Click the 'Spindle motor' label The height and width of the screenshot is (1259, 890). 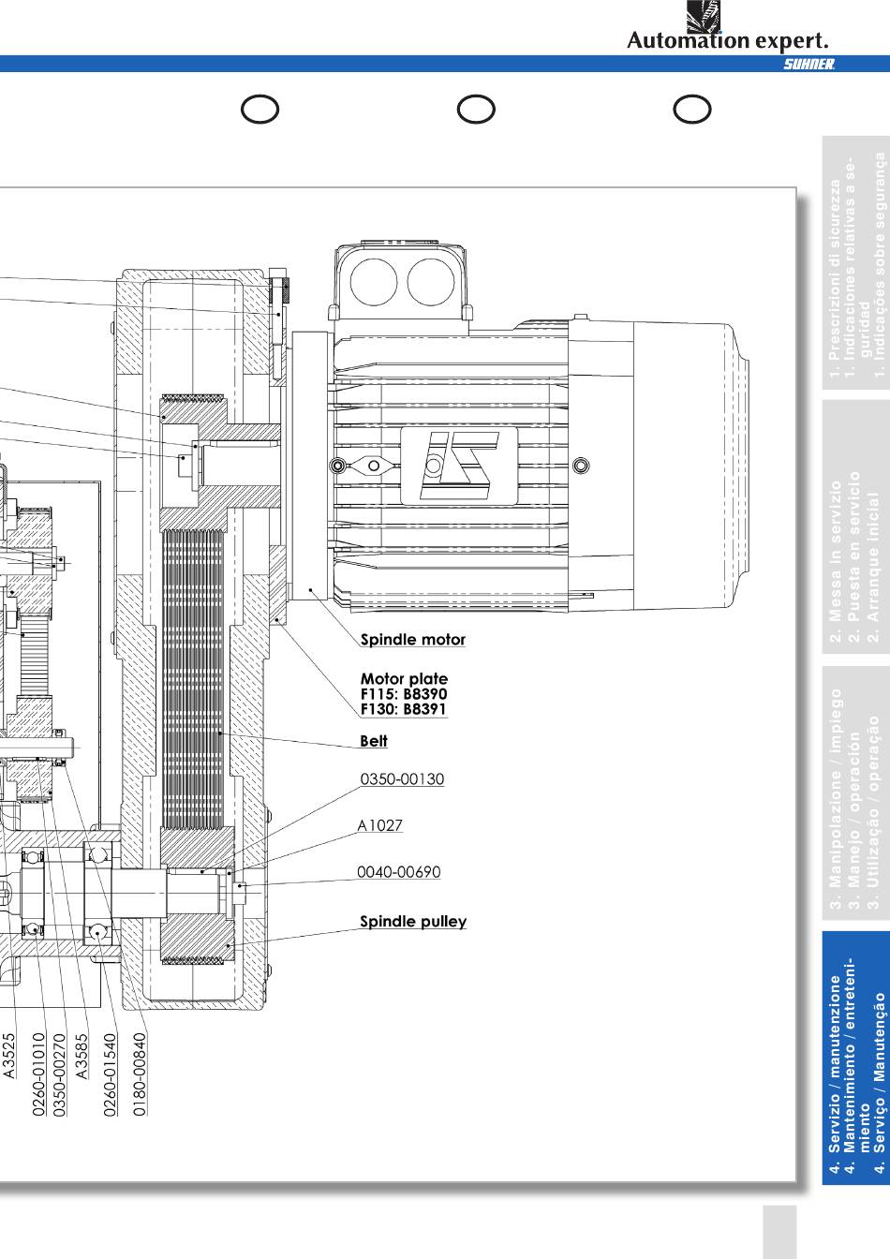tap(412, 640)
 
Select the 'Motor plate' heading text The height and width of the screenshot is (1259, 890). tap(404, 678)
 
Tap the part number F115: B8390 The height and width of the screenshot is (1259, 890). tap(404, 694)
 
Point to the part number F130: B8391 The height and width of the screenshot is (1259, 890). tap(404, 709)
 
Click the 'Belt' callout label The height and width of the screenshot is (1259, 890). tap(373, 741)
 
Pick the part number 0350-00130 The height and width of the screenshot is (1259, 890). tap(402, 779)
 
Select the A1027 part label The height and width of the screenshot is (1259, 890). tap(379, 825)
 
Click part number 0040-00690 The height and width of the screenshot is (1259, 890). tap(398, 872)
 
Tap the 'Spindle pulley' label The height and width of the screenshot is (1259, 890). tap(413, 922)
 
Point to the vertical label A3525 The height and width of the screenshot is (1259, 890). tap(9, 1056)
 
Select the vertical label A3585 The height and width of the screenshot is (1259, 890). tap(82, 1056)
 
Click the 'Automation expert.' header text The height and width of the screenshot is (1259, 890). tap(727, 40)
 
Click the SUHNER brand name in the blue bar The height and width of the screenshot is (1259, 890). tap(808, 64)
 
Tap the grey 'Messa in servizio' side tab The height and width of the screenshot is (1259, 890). tap(855, 530)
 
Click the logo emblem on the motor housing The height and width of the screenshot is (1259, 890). tap(459, 466)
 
